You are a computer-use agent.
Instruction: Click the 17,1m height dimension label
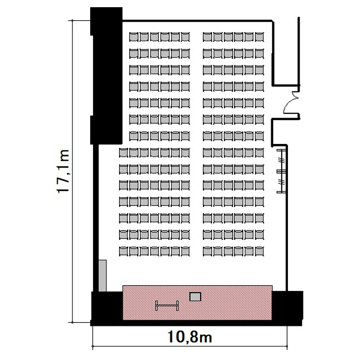63,171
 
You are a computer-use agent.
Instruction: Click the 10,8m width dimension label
190,337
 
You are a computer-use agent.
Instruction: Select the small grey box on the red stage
195,297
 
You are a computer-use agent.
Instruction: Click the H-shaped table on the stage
167,305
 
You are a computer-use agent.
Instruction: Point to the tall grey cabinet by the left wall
102,276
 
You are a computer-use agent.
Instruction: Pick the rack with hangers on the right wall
281,171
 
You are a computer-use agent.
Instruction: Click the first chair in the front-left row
123,251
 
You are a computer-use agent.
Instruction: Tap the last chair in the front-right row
259,251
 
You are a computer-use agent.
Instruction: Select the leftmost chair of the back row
133,37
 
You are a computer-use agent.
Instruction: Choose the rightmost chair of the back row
259,37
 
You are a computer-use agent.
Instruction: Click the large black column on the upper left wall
106,76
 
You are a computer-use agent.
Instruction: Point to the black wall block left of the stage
107,307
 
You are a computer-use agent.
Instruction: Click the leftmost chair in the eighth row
123,153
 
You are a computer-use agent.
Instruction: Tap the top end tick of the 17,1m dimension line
72,21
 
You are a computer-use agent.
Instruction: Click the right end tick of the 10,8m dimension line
287,346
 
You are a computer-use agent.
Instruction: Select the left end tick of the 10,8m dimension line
93,346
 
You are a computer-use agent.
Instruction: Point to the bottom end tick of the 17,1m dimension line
72,323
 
